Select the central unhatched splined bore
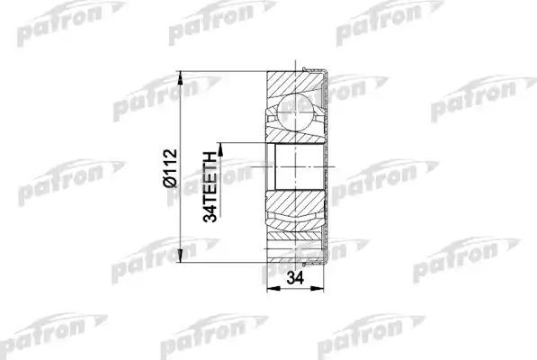293,166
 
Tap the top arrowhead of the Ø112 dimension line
183,71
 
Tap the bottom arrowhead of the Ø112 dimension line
183,256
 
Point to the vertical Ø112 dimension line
183,108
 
